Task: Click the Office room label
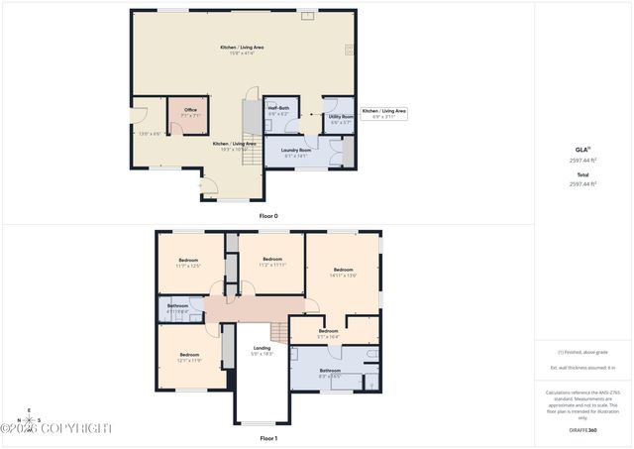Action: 190,110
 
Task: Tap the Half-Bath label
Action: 278,108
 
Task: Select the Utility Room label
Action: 341,117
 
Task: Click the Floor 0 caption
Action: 268,215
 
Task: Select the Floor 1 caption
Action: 268,437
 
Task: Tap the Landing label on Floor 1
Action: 262,348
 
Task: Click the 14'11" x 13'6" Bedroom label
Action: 343,271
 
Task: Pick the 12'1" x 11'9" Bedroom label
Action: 189,355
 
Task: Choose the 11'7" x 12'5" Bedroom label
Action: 188,261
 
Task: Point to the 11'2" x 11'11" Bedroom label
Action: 272,260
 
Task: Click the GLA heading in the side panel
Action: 581,149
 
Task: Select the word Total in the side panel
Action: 582,175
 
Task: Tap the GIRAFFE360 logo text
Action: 583,431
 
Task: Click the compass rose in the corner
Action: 29,419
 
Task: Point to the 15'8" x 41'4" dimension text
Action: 243,54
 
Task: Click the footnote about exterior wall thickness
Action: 582,367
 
